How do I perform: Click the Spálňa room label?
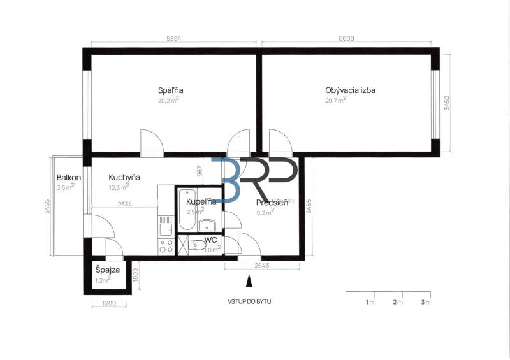click(x=166, y=90)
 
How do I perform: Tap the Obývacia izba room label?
click(x=350, y=90)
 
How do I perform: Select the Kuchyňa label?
click(x=124, y=177)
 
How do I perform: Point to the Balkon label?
click(x=68, y=177)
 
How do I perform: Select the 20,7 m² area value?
click(x=335, y=100)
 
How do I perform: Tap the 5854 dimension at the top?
click(x=175, y=39)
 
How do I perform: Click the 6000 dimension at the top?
click(x=346, y=39)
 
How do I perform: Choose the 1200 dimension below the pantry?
click(x=109, y=303)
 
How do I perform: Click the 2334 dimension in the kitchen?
click(x=125, y=205)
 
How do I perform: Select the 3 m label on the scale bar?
click(x=426, y=301)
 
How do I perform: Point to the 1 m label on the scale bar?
click(x=370, y=301)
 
